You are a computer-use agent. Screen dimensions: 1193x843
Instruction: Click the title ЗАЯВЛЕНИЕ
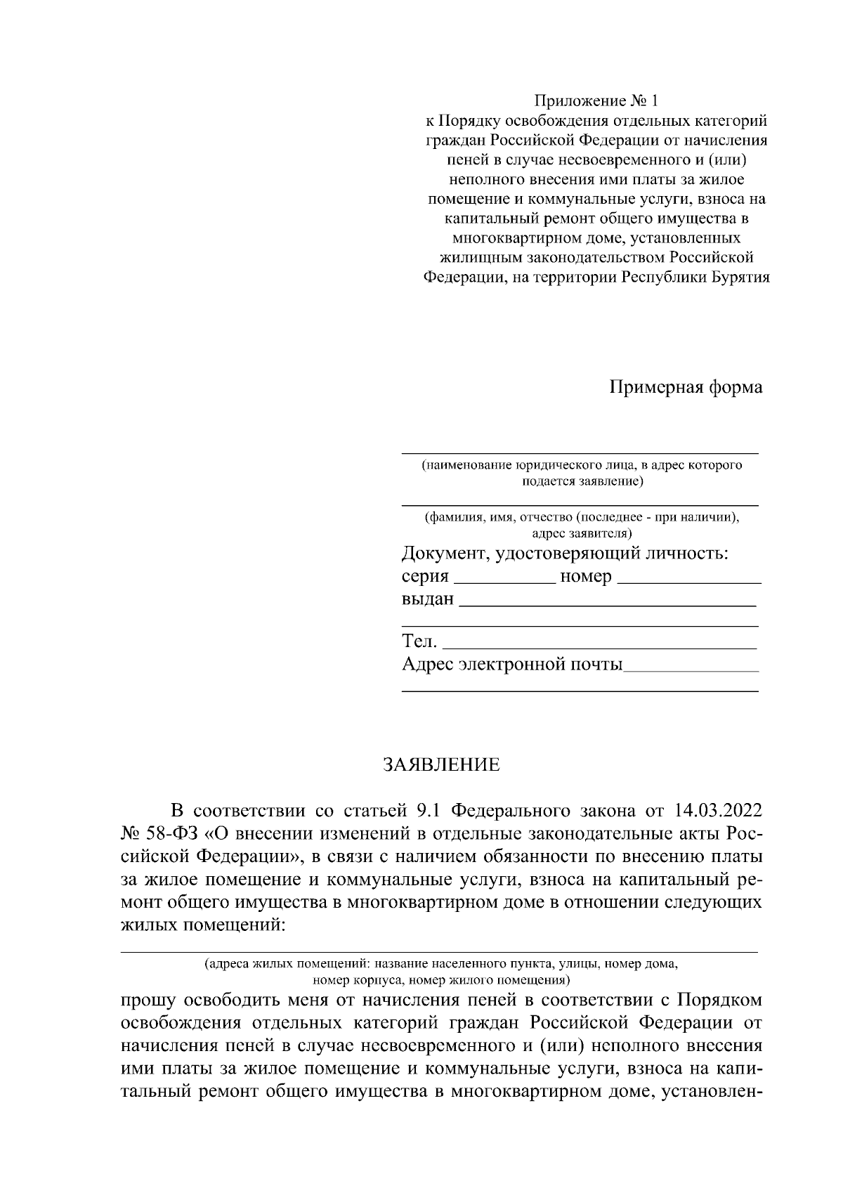(x=441, y=764)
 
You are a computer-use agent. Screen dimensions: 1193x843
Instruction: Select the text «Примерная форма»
(x=685, y=387)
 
